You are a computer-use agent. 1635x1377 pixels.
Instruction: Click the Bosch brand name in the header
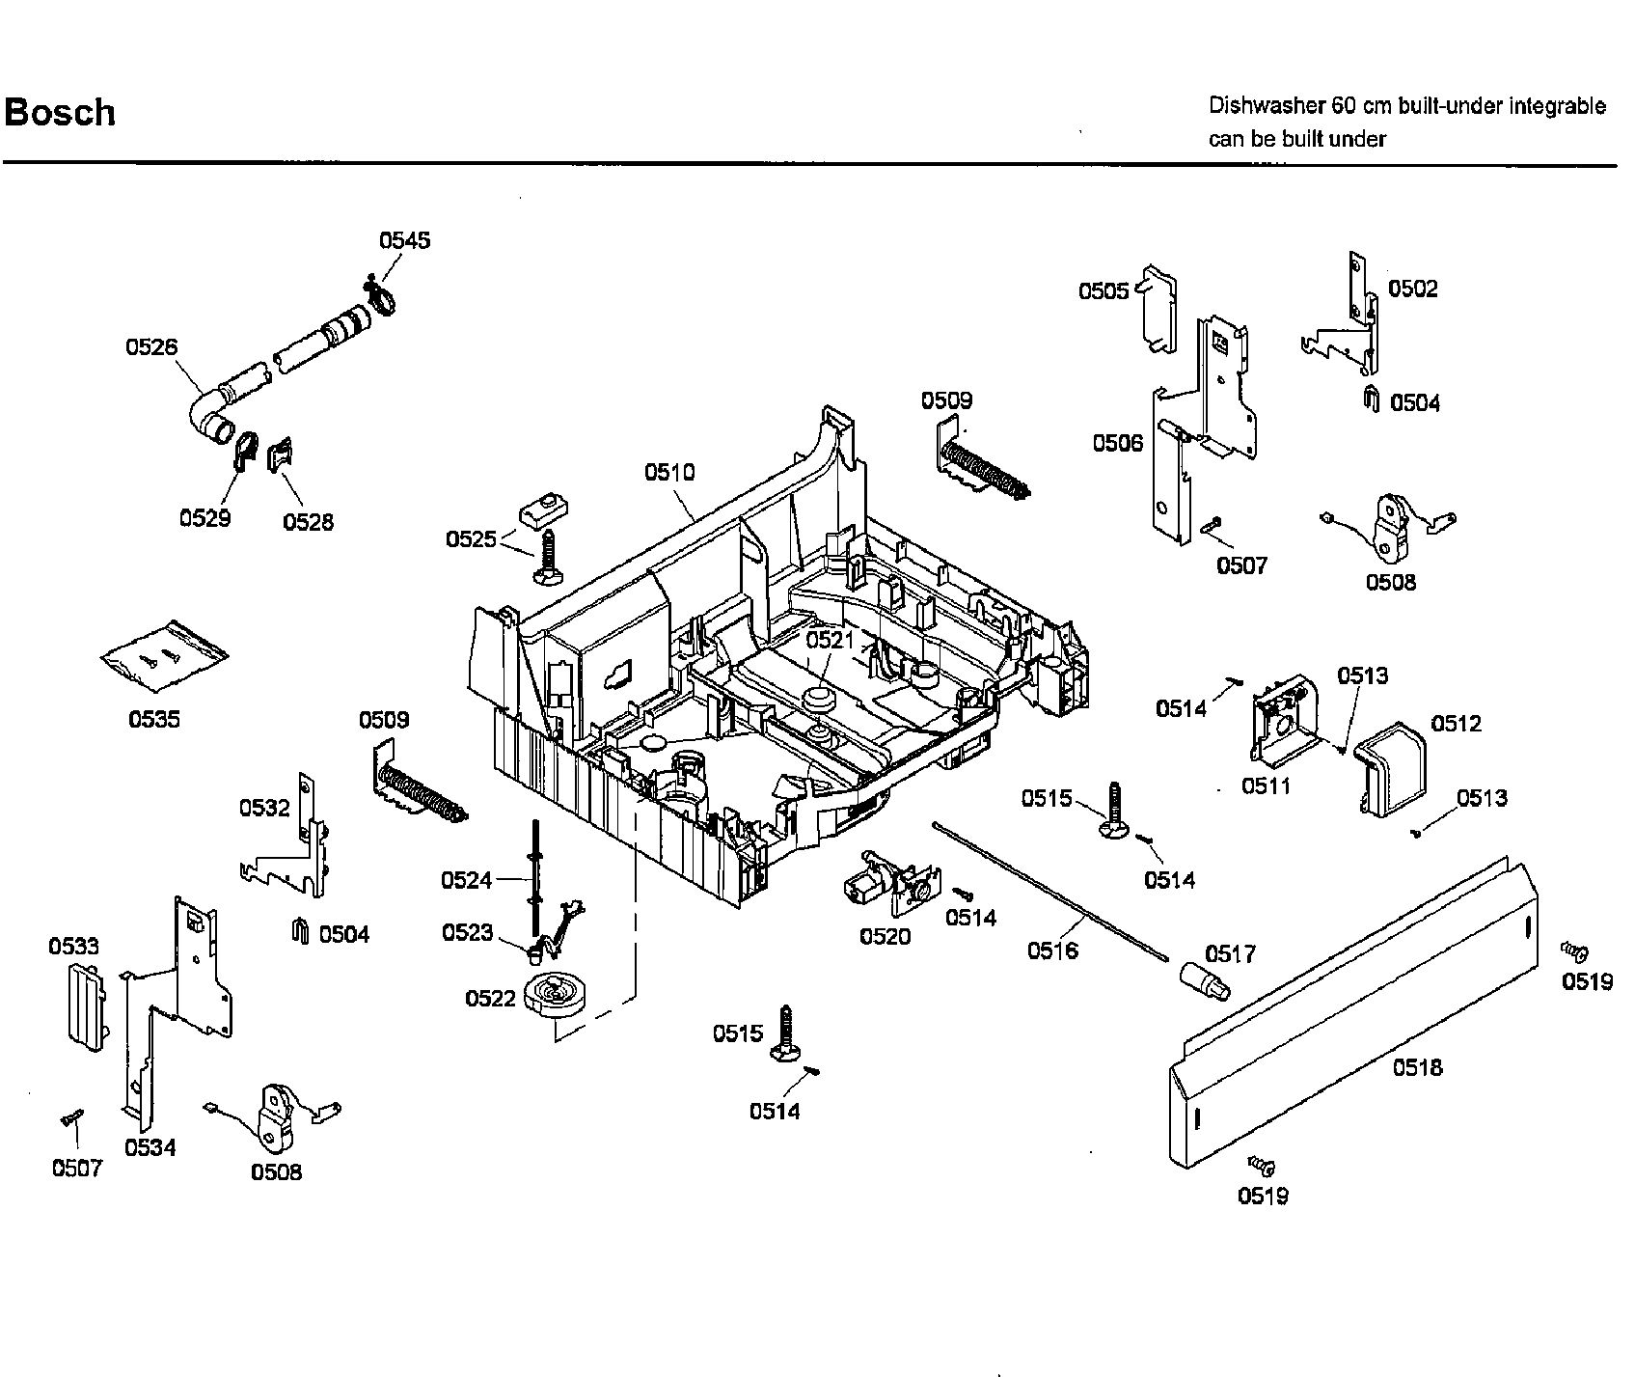60,113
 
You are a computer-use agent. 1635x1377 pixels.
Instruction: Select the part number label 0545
404,240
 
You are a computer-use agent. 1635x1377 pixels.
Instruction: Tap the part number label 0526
151,346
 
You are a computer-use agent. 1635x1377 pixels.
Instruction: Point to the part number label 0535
154,719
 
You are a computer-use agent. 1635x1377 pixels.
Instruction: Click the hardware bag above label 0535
165,657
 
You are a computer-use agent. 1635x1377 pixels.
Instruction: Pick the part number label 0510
669,472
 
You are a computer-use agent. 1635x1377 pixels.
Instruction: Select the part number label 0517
1230,954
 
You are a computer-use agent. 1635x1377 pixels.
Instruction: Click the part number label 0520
885,936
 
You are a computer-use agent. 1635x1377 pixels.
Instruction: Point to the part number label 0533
73,947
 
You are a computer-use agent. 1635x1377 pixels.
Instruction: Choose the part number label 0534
150,1147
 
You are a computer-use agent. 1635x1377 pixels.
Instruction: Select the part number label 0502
1412,288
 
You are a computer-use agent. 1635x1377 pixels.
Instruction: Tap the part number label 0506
1117,443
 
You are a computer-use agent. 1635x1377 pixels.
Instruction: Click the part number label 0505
1104,290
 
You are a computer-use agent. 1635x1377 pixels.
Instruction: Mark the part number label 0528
309,522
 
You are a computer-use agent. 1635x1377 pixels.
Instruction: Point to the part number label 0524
467,880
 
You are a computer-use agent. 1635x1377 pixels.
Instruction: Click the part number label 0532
265,807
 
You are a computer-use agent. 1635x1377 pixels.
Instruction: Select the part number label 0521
831,639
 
